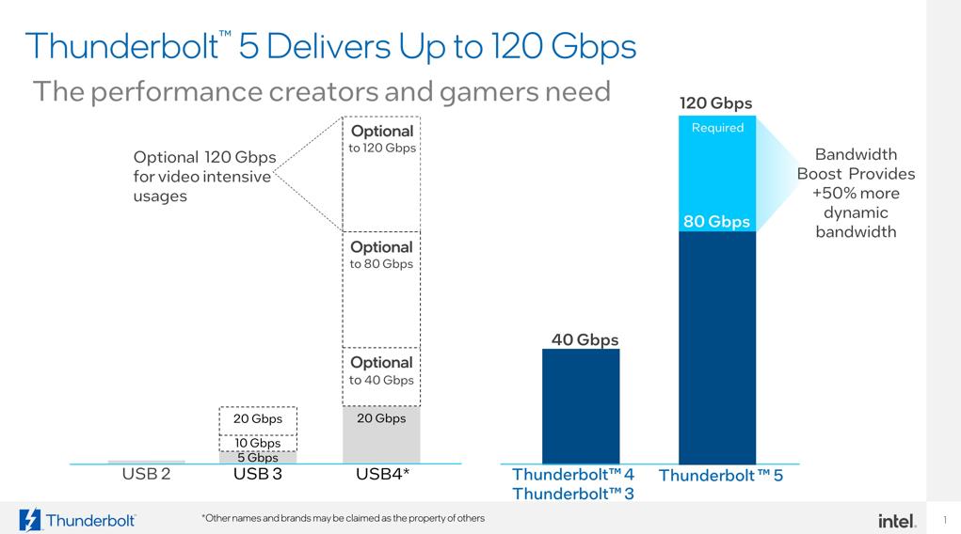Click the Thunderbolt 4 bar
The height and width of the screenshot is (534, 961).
(x=581, y=406)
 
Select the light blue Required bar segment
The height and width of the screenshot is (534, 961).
(x=717, y=174)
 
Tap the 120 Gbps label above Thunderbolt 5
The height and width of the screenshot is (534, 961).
(x=716, y=103)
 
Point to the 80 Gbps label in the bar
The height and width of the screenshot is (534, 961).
(x=716, y=222)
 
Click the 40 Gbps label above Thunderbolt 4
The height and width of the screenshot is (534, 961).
(x=585, y=339)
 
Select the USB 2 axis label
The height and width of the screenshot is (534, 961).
(x=146, y=474)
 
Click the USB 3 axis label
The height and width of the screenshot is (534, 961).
(x=257, y=474)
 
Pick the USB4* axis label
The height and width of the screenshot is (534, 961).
(x=382, y=474)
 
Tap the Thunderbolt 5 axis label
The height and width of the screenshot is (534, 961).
(x=721, y=476)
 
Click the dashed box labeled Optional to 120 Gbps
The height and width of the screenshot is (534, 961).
(x=381, y=174)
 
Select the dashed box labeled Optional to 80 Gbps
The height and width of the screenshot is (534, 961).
(x=381, y=290)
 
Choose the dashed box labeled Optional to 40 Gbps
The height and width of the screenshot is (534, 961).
(x=381, y=376)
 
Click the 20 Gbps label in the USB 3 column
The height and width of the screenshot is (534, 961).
(x=258, y=418)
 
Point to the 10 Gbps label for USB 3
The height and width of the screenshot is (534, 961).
(x=258, y=443)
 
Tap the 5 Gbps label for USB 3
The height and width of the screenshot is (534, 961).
(x=258, y=458)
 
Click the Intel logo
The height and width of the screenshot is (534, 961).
(x=896, y=520)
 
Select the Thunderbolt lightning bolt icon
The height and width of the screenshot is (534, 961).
(x=30, y=520)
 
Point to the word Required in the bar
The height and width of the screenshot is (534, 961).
(x=717, y=128)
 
